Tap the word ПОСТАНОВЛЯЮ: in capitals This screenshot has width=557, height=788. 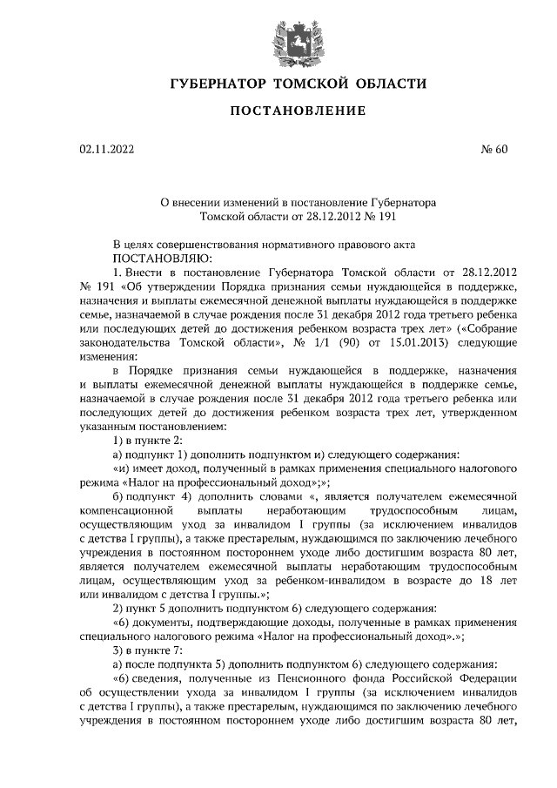point(158,259)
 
